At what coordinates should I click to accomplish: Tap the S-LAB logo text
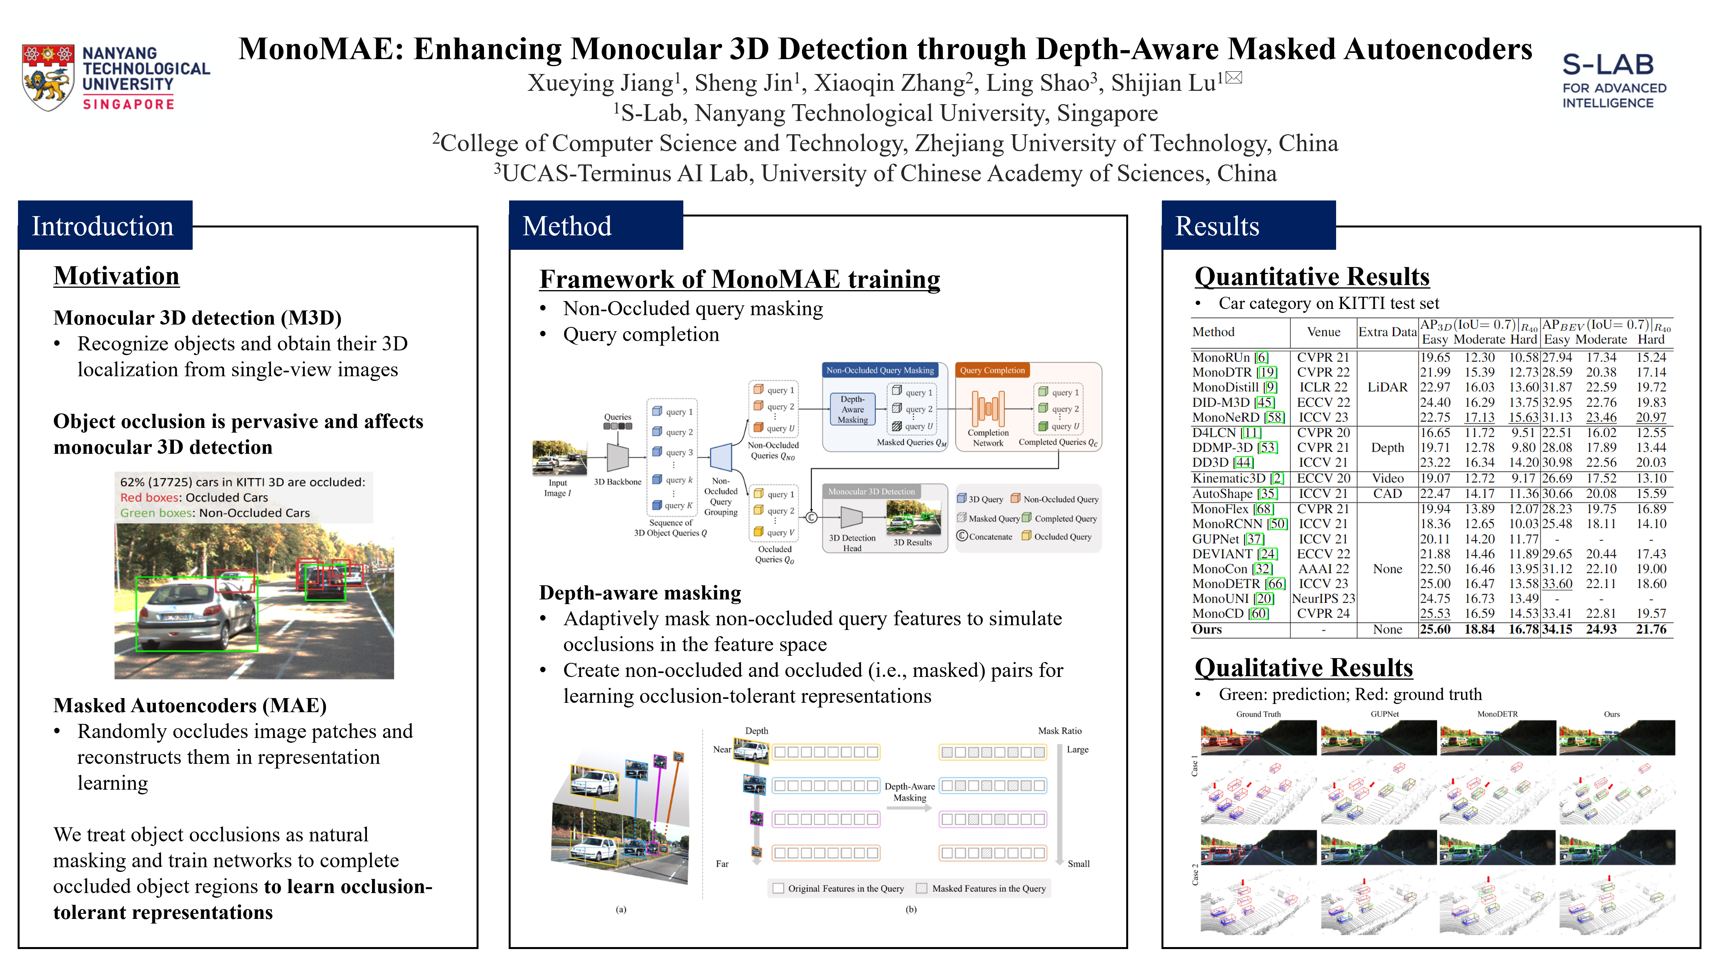pos(1607,65)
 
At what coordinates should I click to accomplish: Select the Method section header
pos(567,226)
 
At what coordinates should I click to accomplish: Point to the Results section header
pos(1217,226)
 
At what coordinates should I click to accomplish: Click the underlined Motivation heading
pos(116,276)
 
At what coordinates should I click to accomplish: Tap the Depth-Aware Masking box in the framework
pos(852,409)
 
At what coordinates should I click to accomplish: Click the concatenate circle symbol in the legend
pos(962,536)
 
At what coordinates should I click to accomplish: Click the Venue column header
pos(1323,332)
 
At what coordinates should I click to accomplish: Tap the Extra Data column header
pos(1387,332)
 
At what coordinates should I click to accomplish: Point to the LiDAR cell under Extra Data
pos(1387,387)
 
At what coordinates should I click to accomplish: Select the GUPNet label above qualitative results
pos(1384,714)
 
